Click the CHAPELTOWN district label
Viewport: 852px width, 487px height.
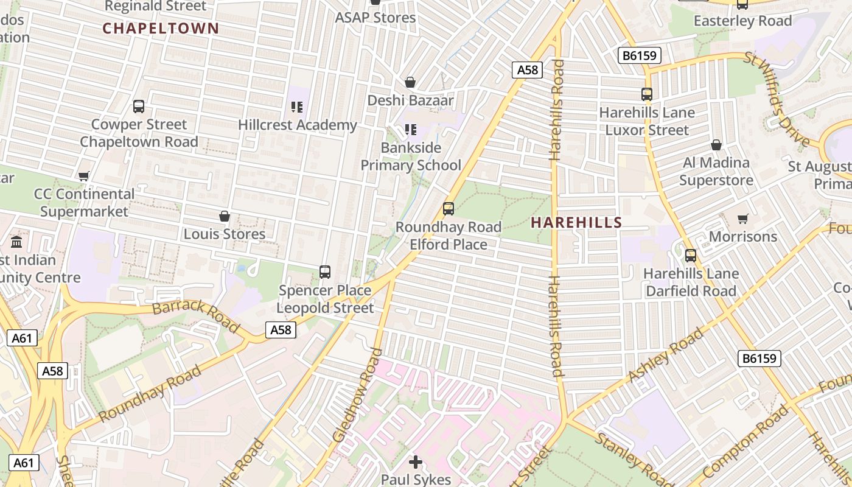point(161,28)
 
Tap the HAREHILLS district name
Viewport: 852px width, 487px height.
point(576,223)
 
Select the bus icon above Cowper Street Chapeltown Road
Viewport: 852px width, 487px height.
point(139,107)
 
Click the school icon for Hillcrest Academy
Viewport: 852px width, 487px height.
point(297,108)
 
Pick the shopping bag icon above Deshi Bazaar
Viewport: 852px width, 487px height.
point(410,82)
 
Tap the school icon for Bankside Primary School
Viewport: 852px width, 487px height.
point(411,129)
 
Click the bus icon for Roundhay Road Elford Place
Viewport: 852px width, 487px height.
point(449,209)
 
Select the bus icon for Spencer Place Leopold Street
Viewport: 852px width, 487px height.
point(325,272)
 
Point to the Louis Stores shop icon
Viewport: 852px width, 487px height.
point(225,216)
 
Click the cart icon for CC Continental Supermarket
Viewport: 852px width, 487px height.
point(84,176)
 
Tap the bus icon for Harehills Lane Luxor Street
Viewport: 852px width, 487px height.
point(647,94)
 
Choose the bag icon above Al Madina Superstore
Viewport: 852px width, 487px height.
point(716,145)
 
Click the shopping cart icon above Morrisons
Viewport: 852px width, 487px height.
point(743,219)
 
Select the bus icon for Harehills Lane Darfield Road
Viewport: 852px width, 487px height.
point(691,256)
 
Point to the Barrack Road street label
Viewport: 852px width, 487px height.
point(196,315)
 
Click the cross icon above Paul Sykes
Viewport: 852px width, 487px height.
point(416,462)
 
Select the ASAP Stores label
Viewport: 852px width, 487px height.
point(375,18)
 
